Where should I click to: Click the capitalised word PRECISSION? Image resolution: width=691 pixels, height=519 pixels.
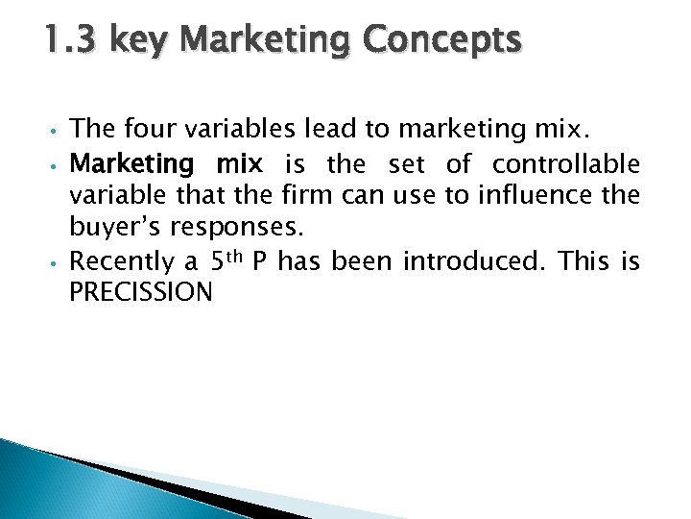click(x=141, y=293)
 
